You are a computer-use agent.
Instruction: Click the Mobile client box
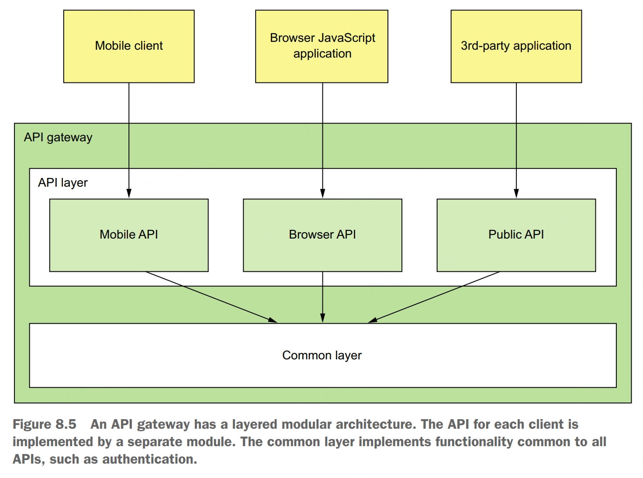[x=129, y=46]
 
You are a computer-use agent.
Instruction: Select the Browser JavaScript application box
[x=322, y=46]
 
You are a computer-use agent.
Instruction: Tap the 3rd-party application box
[x=516, y=46]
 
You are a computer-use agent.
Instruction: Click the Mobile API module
[x=129, y=235]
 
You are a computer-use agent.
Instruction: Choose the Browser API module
[x=322, y=235]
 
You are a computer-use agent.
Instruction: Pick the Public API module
[x=516, y=235]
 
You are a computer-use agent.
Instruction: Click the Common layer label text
[x=322, y=355]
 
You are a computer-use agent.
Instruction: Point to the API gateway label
[x=58, y=137]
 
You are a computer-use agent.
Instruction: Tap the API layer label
[x=63, y=183]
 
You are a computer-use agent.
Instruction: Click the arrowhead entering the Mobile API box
[x=129, y=193]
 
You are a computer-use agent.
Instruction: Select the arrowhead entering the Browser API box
[x=323, y=193]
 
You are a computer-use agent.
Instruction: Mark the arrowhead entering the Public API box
[x=516, y=193]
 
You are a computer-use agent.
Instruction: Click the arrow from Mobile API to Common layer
[x=210, y=297]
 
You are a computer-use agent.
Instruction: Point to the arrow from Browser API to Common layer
[x=323, y=297]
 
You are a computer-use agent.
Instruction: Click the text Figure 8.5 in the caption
[x=45, y=424]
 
